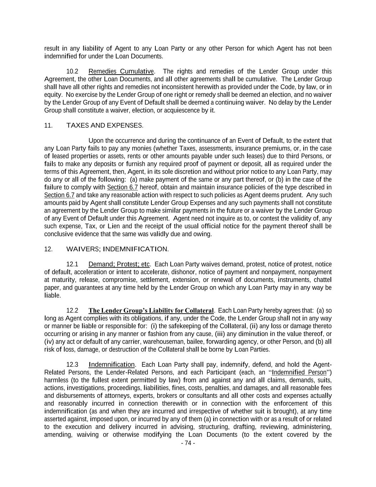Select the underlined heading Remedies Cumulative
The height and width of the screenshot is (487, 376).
(121, 71)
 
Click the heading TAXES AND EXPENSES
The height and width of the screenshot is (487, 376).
(104, 126)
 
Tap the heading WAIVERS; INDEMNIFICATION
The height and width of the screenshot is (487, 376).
(117, 249)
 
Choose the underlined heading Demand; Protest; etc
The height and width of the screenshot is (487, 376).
(119, 264)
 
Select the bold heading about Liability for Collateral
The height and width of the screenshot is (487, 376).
(151, 311)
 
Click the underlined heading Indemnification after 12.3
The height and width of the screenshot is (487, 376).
(112, 365)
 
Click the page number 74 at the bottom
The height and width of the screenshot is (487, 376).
(188, 443)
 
